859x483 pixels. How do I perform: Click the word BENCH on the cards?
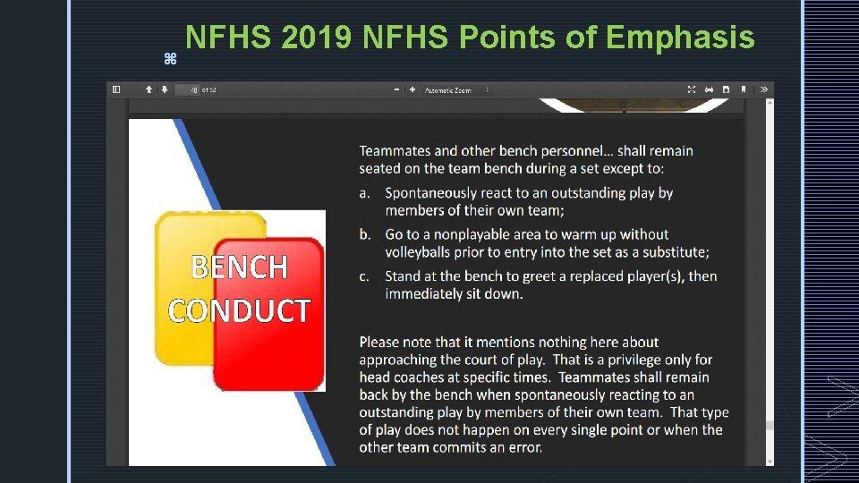tap(240, 267)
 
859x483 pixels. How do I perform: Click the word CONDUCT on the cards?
tap(239, 310)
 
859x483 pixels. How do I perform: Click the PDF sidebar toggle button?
tap(115, 89)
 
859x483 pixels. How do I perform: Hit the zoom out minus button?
tap(397, 89)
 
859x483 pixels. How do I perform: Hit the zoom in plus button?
tap(412, 89)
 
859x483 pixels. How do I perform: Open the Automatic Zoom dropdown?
tap(456, 89)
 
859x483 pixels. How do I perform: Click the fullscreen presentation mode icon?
tap(692, 89)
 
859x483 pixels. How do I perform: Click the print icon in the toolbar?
tap(709, 89)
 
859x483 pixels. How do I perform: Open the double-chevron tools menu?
tap(763, 89)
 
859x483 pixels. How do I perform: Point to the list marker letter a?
tap(364, 193)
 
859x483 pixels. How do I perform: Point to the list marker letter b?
tap(364, 234)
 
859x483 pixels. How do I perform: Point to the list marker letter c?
tap(364, 276)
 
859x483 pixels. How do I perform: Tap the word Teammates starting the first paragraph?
tap(395, 151)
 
